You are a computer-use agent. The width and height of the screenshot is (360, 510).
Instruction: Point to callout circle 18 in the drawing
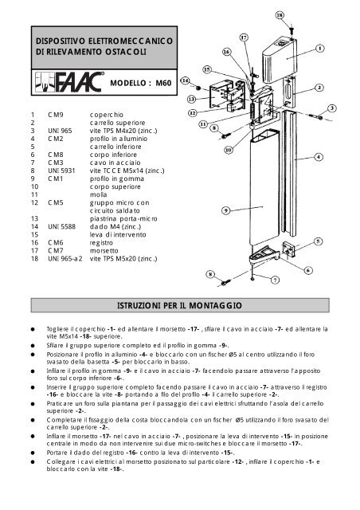point(301,14)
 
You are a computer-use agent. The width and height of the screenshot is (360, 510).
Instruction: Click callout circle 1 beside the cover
point(319,47)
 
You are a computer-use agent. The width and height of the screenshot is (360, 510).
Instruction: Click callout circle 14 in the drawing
point(185,80)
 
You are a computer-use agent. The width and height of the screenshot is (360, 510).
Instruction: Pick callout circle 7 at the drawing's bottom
point(275,280)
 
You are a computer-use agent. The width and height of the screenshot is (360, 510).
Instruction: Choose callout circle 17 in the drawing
point(244,37)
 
